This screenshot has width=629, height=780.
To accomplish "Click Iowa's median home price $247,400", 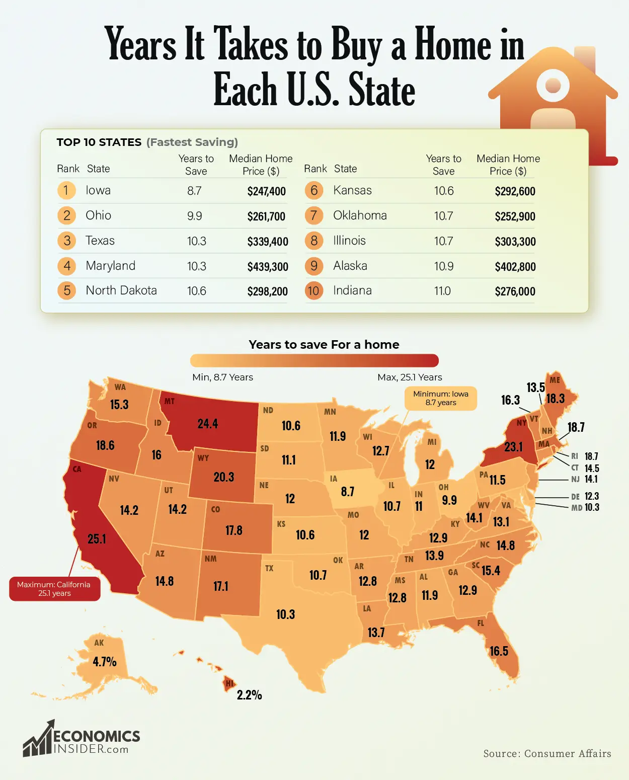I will tap(266, 191).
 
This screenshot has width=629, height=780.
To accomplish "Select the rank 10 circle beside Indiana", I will tap(313, 291).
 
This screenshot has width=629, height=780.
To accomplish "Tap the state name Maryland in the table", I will tap(110, 266).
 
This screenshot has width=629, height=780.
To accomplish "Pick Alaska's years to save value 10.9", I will tap(443, 266).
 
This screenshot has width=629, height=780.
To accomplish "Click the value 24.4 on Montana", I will tap(207, 424).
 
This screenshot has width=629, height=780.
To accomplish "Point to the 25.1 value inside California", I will tap(97, 539).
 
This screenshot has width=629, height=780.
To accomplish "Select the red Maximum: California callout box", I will tap(54, 589).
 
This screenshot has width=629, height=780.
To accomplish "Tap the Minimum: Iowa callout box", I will tap(440, 398).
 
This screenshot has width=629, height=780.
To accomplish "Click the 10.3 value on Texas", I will tap(285, 614).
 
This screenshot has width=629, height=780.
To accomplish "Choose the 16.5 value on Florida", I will tap(499, 651).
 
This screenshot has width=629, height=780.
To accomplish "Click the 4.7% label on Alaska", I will tap(104, 662).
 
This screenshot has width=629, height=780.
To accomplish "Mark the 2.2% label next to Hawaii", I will tap(249, 695).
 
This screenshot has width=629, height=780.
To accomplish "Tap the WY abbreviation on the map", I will tap(203, 458).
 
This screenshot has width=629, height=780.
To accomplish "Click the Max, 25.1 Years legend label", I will tap(410, 377).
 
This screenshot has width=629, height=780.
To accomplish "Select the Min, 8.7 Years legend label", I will tap(222, 377).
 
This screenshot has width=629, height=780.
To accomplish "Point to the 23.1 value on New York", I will tap(513, 447).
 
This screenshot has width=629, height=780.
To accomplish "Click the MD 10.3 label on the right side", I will tap(585, 508).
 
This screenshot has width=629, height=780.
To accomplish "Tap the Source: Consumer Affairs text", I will tap(547, 753).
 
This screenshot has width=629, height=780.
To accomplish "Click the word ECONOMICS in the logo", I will tap(97, 737).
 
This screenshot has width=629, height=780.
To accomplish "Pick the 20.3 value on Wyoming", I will tap(223, 477).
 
